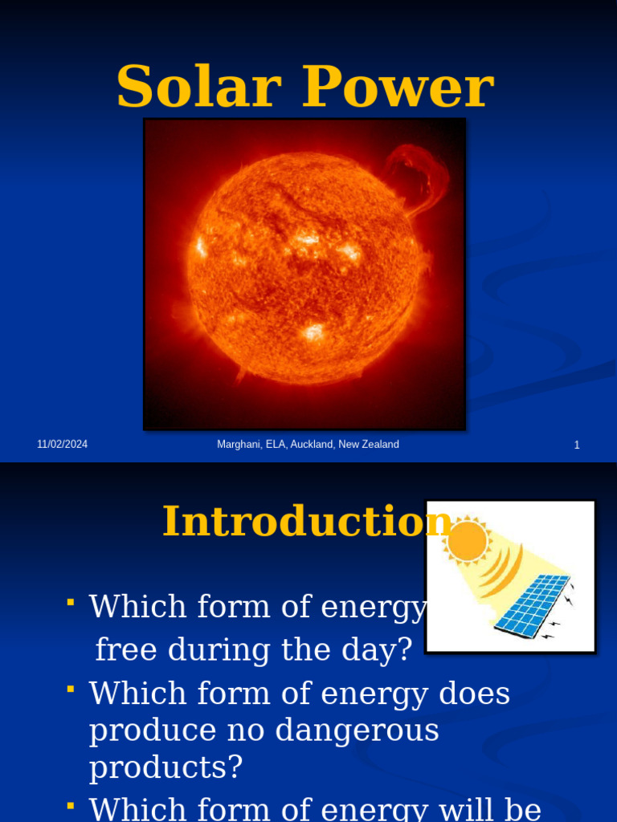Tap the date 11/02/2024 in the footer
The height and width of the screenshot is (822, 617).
coord(62,445)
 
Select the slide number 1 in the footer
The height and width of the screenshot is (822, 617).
coord(577,445)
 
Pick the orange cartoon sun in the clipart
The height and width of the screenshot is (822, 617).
coord(467,540)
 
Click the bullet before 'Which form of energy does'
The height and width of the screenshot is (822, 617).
coord(72,688)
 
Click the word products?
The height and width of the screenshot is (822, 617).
coord(165,767)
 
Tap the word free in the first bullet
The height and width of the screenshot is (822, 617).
coord(129,649)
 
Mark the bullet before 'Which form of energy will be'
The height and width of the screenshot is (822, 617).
coord(72,803)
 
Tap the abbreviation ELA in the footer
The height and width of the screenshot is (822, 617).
coord(275,445)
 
